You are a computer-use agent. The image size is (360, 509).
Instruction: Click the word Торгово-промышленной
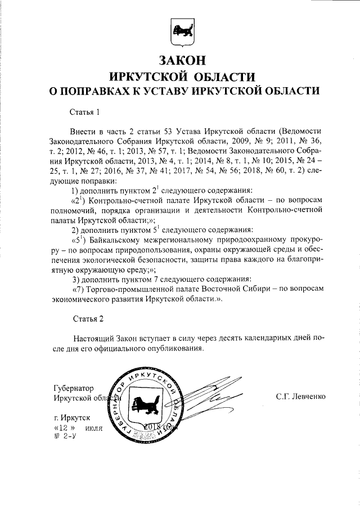pos(130,289)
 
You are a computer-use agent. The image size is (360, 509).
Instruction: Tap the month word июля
pos(94,428)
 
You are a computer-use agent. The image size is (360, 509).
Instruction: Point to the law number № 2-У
pos(63,436)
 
